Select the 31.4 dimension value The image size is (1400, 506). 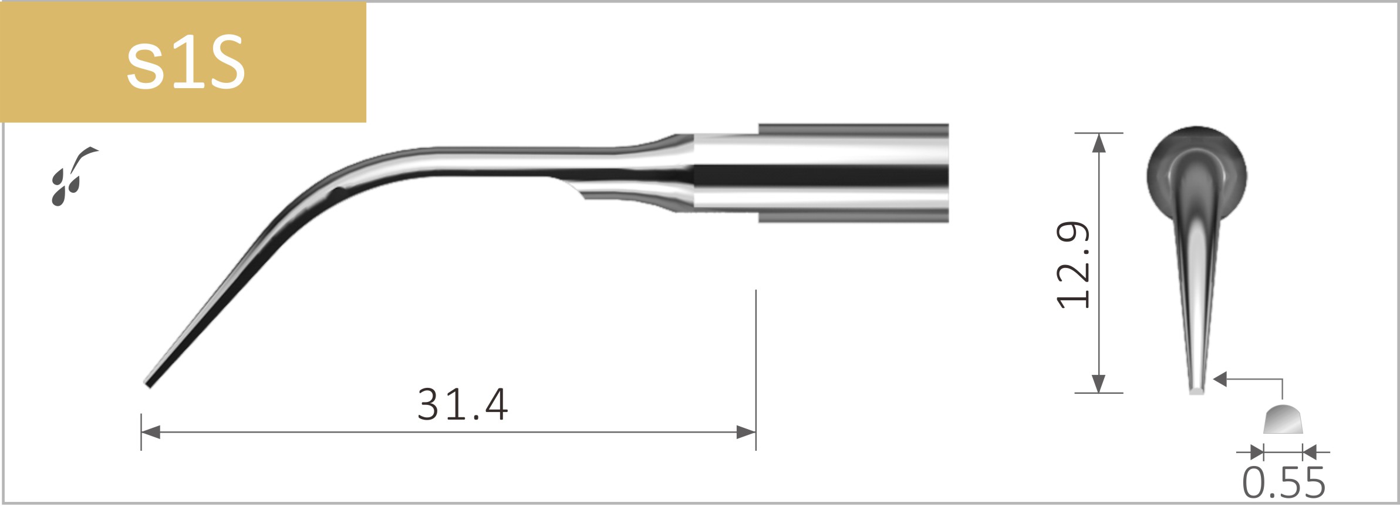tap(462, 405)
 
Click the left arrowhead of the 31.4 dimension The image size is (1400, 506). tap(150, 433)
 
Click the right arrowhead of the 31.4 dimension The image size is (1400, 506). tap(747, 433)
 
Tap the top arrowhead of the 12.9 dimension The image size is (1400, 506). tap(1098, 143)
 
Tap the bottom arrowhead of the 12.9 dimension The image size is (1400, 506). tap(1098, 383)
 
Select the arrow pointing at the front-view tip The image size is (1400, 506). tap(1221, 380)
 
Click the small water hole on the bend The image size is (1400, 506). tap(338, 191)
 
